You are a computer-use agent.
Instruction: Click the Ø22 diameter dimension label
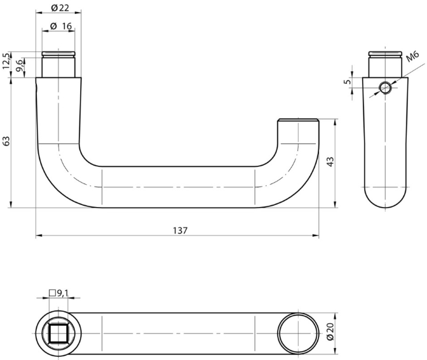point(58,7)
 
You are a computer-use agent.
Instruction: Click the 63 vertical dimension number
point(6,141)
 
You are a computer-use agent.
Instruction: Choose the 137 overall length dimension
point(180,230)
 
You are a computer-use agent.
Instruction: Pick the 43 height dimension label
point(330,162)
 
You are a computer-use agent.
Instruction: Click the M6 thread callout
point(413,60)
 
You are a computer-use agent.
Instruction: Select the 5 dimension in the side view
point(346,81)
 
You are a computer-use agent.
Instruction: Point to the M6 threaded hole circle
point(385,88)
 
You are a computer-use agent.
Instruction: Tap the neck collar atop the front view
point(58,63)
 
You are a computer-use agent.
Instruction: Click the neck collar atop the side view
point(386,63)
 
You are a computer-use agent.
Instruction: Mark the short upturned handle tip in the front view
point(297,127)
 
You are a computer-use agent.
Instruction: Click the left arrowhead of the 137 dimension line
point(39,236)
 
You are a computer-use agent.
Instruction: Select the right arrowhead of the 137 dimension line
point(316,236)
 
